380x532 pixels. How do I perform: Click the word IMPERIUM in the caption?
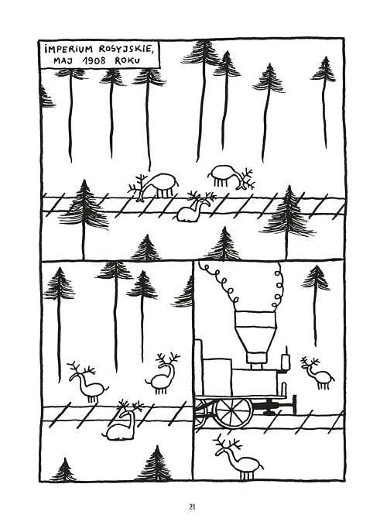tap(68, 50)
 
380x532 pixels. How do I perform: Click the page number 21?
tap(192, 507)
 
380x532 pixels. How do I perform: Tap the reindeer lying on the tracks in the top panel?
tap(193, 208)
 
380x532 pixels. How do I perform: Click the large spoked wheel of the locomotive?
tap(234, 413)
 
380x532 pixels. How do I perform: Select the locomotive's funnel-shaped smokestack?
tap(255, 339)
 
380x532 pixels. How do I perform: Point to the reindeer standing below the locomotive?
tap(238, 457)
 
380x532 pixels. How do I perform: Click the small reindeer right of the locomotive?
tap(317, 372)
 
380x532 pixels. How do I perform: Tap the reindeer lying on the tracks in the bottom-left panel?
tap(122, 421)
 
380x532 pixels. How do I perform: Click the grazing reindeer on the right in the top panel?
tap(230, 177)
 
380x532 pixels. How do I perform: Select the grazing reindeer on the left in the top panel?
tap(153, 186)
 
